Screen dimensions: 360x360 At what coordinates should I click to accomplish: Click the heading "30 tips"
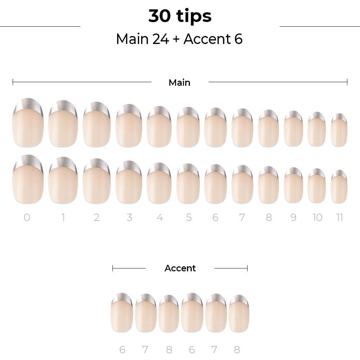pyautogui.click(x=180, y=16)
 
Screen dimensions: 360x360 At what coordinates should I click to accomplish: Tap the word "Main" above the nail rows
pyautogui.click(x=179, y=83)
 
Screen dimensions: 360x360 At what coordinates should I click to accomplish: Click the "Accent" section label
pyautogui.click(x=180, y=268)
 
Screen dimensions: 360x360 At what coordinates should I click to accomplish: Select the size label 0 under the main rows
pyautogui.click(x=27, y=217)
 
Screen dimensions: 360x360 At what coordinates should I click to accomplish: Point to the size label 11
pyautogui.click(x=339, y=217)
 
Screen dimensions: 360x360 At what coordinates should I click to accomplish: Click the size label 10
pyautogui.click(x=317, y=217)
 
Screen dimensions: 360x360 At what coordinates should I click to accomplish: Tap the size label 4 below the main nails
pyautogui.click(x=160, y=217)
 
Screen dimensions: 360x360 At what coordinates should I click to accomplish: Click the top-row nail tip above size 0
pyautogui.click(x=28, y=123)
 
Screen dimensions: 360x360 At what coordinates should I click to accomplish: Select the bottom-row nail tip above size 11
pyautogui.click(x=339, y=187)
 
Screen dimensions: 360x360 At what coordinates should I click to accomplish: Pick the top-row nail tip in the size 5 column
pyautogui.click(x=188, y=127)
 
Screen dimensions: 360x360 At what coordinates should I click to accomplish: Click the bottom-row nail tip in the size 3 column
pyautogui.click(x=129, y=182)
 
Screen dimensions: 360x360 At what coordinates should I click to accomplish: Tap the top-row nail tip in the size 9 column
pyautogui.click(x=293, y=129)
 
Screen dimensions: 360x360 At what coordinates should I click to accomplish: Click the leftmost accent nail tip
pyautogui.click(x=122, y=312)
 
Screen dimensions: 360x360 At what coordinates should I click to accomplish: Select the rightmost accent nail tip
pyautogui.click(x=239, y=314)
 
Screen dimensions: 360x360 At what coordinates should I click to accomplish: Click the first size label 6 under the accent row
pyautogui.click(x=123, y=350)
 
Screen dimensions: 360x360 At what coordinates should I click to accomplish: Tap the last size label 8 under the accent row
pyautogui.click(x=237, y=350)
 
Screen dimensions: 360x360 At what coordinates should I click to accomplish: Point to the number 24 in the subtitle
pyautogui.click(x=160, y=39)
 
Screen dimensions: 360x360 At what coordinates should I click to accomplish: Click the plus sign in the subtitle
pyautogui.click(x=176, y=39)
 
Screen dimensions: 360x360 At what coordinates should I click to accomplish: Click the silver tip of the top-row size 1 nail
pyautogui.click(x=63, y=107)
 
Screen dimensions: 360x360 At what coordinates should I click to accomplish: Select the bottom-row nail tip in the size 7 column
pyautogui.click(x=242, y=185)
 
